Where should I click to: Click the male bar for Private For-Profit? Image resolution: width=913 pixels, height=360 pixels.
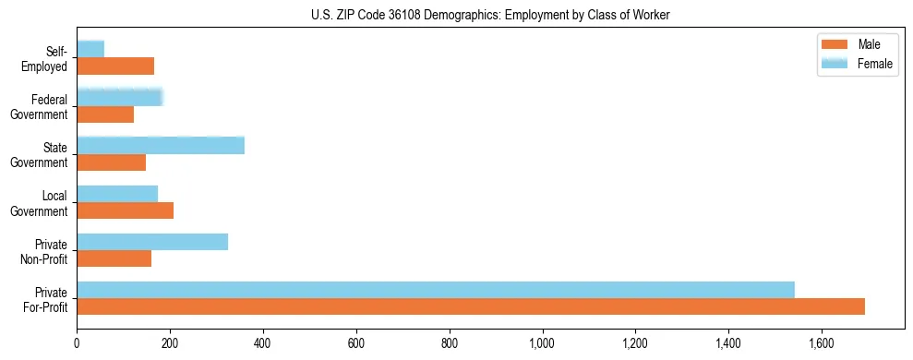tap(471, 306)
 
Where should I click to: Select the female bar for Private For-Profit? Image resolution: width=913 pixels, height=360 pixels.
tap(436, 290)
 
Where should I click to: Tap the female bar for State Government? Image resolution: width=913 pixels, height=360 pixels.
tap(161, 145)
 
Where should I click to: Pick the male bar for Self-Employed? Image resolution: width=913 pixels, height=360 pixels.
tap(115, 66)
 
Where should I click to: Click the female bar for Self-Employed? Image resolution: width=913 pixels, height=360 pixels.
tap(90, 49)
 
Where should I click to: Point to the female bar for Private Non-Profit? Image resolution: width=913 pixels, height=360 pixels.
tap(152, 242)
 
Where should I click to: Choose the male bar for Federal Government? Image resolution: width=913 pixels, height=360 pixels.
tap(105, 114)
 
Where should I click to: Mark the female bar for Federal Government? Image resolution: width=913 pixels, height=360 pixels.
tap(120, 97)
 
